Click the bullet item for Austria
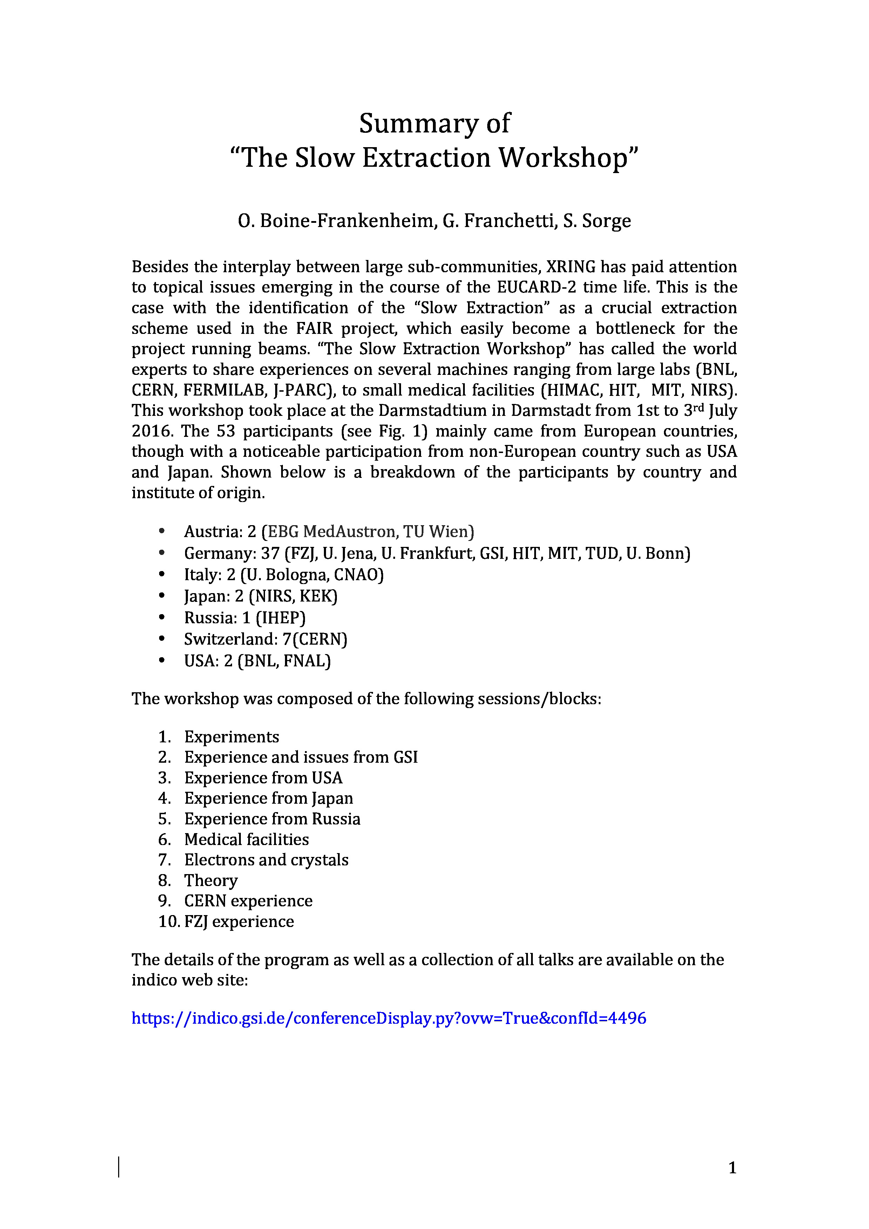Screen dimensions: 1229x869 (x=329, y=531)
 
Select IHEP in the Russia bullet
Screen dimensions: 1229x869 (x=280, y=618)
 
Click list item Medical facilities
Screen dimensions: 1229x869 (x=246, y=839)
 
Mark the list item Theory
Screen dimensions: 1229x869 (x=211, y=880)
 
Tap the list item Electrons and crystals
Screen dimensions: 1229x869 (x=266, y=860)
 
